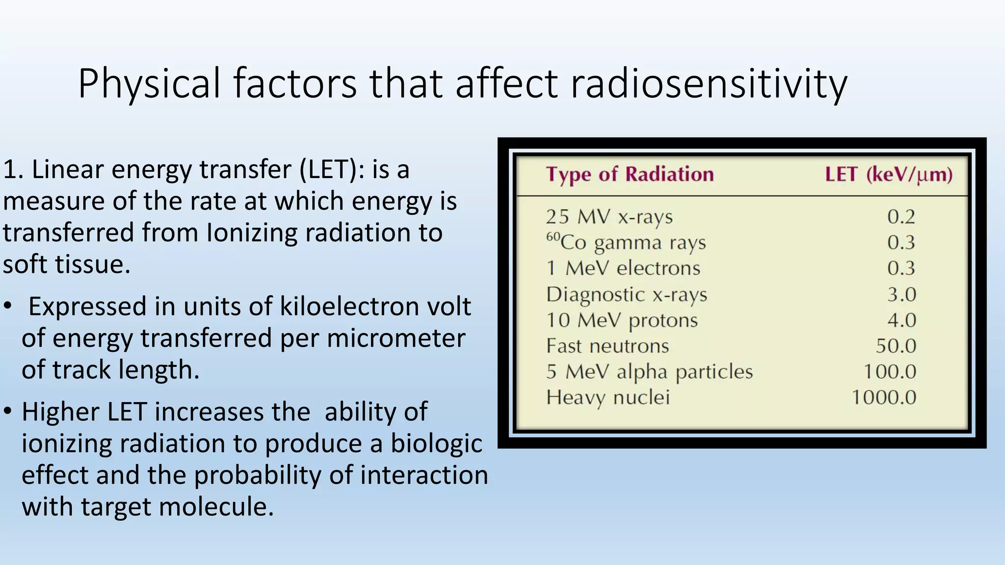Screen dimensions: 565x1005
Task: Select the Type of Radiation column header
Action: tap(630, 175)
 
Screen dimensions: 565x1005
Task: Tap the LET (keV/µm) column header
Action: tap(888, 175)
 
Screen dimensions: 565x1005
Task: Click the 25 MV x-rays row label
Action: tap(609, 217)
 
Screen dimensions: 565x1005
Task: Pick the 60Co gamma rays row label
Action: tap(626, 242)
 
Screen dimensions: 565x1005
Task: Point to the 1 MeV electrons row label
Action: tap(623, 268)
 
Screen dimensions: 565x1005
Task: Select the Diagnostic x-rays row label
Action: tap(627, 294)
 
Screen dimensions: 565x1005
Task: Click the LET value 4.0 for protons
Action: tap(901, 320)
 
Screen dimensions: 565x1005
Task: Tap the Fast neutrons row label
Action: tap(608, 346)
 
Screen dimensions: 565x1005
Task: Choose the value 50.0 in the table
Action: tap(896, 346)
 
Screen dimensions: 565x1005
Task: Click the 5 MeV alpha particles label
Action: tap(649, 372)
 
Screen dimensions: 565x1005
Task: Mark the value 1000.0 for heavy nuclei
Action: tap(883, 397)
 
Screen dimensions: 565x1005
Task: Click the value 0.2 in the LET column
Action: tap(901, 217)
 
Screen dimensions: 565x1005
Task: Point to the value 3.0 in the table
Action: tap(901, 294)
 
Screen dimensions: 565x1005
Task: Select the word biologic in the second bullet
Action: tap(436, 444)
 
